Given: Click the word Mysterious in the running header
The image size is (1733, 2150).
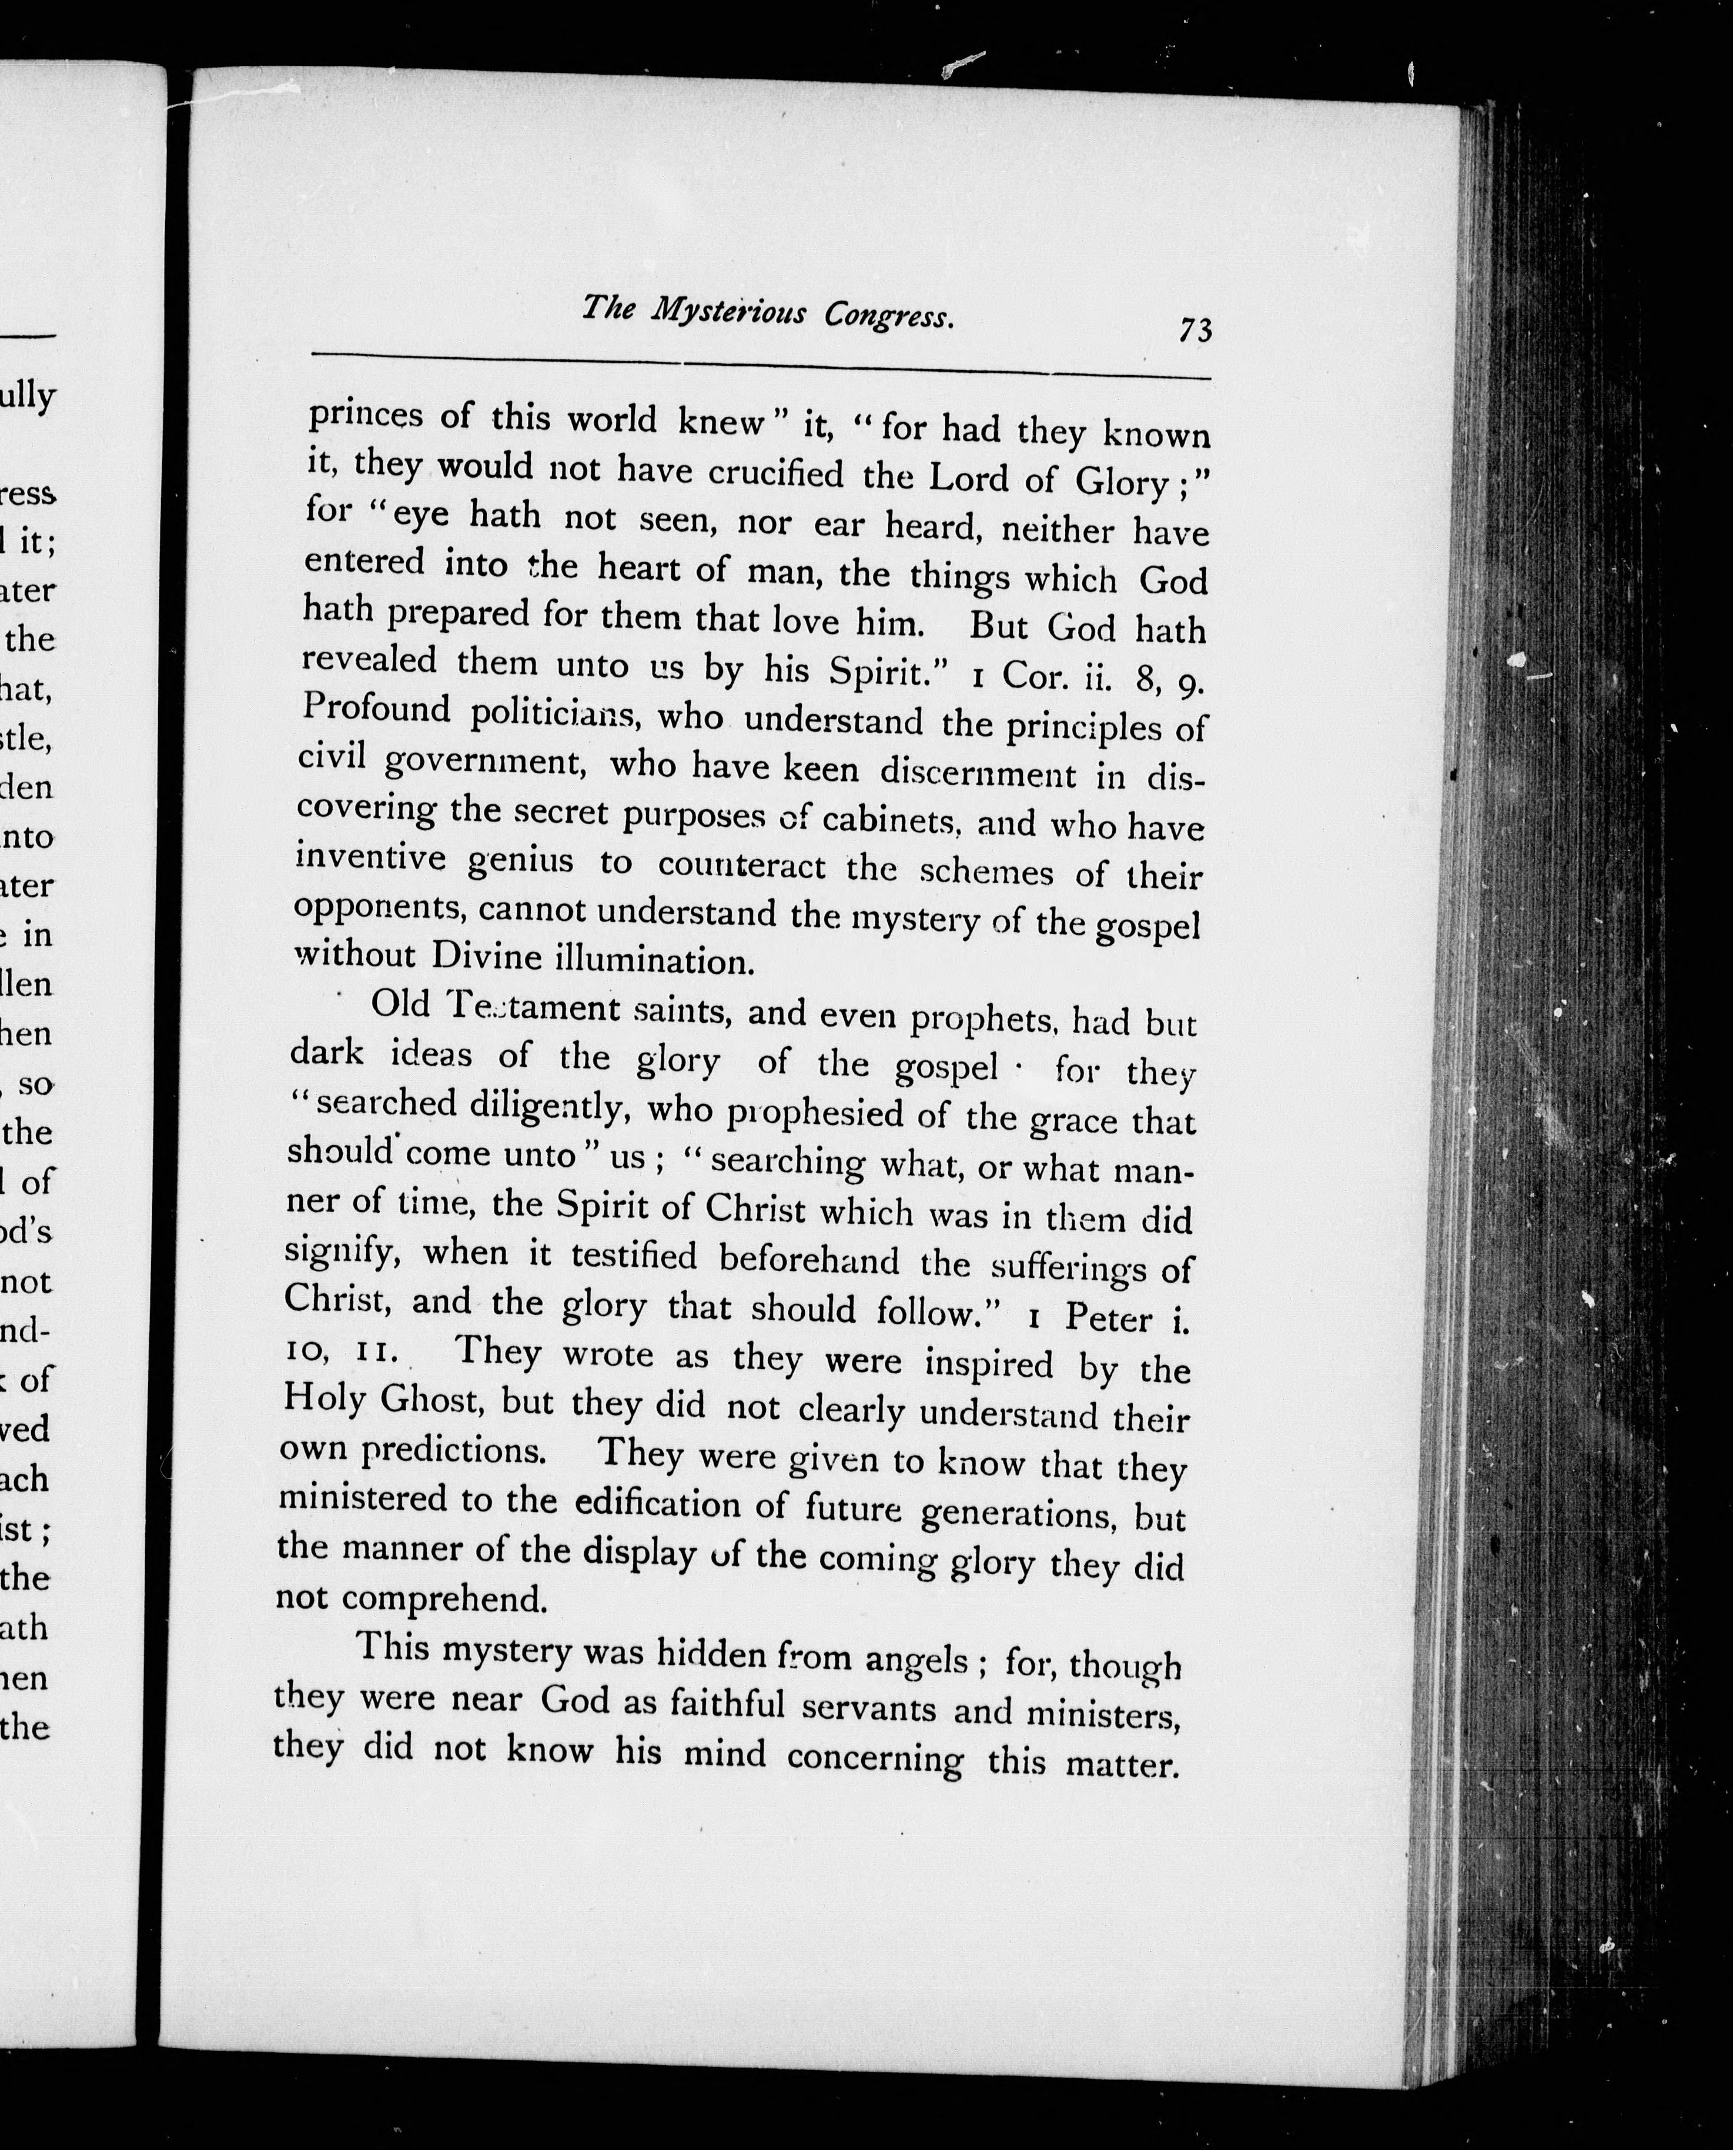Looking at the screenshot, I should point(729,313).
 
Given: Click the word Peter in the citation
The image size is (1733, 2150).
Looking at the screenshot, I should point(1108,1318).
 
